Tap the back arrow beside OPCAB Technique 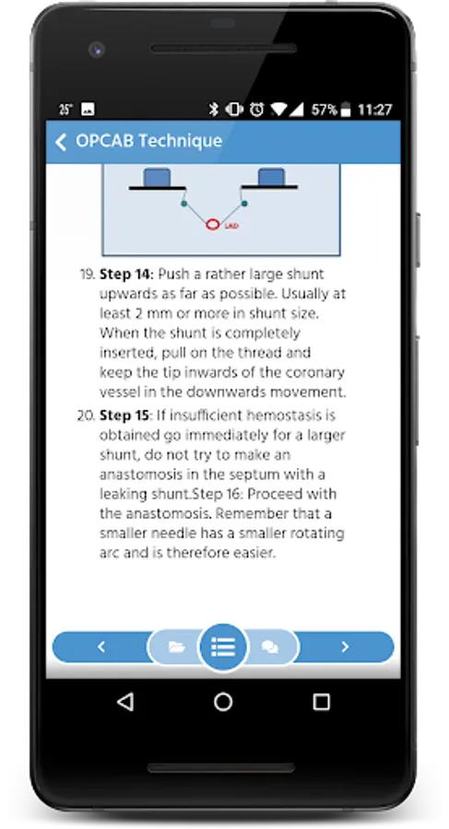pos(62,142)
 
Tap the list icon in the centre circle pos(223,647)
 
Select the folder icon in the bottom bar pos(176,647)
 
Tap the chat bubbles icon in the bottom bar pos(269,647)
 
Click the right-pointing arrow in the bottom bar pos(345,647)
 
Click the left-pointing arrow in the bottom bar pos(101,647)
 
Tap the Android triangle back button pos(125,702)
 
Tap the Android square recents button pos(322,702)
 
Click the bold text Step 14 pos(126,274)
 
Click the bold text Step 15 pos(125,416)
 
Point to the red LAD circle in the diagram pos(212,225)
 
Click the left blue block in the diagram pos(158,177)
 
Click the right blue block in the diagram pos(270,177)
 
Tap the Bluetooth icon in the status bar pos(213,110)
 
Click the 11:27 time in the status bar pos(375,110)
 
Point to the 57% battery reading pos(324,110)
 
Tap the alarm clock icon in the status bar pos(257,110)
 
